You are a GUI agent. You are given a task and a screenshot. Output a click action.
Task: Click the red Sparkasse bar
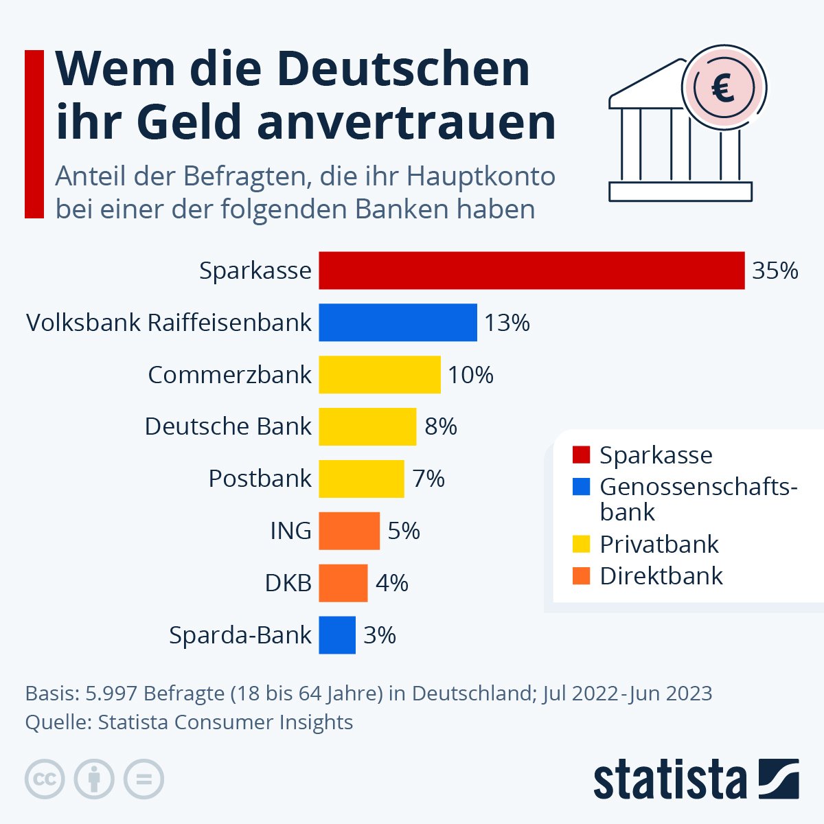tap(531, 271)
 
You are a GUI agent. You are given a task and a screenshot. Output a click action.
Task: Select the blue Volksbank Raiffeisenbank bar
tap(398, 323)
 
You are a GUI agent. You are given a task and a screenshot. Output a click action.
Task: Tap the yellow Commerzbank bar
tap(379, 375)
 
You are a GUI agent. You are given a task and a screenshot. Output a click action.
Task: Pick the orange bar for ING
tap(349, 531)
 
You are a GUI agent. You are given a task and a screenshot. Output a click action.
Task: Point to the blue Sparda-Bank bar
tap(337, 635)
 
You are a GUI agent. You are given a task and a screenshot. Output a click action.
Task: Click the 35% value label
tap(775, 271)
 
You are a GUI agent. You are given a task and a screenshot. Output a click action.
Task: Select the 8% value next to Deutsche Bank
tap(440, 426)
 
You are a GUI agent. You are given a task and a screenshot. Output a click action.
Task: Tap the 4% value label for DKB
tap(391, 583)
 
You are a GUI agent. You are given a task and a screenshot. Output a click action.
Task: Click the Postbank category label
tap(260, 479)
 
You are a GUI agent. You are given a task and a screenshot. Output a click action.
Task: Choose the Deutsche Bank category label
tap(228, 426)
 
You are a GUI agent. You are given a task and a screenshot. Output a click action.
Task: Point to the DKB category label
tap(288, 583)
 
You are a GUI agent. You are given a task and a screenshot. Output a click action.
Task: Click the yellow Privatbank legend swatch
tap(581, 545)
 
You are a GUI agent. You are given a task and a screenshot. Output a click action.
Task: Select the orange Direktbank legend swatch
tap(581, 576)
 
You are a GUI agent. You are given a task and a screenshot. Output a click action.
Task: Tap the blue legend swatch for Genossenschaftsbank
tap(581, 487)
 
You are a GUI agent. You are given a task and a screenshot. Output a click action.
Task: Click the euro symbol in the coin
tap(723, 88)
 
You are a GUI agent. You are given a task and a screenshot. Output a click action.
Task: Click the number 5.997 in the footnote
tap(111, 694)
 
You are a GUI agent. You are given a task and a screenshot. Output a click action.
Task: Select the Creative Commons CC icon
tap(45, 779)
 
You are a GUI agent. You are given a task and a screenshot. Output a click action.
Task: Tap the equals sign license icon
tap(144, 779)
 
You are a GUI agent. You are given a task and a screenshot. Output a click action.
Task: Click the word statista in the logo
tap(669, 779)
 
